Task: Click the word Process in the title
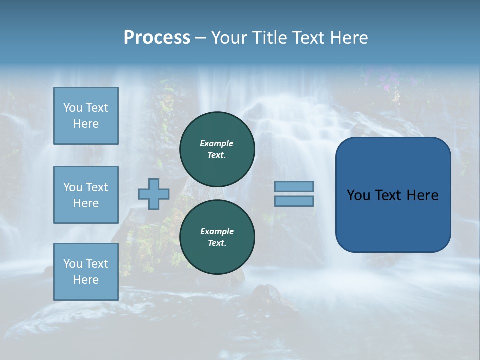click(157, 37)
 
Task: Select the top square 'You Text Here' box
click(86, 116)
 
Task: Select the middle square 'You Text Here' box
click(86, 195)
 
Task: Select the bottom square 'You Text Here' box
click(86, 272)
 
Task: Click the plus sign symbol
click(154, 194)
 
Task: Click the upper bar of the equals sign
click(294, 186)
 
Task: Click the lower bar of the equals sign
click(294, 201)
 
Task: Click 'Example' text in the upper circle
click(217, 143)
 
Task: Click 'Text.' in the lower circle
click(217, 243)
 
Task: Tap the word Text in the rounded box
click(391, 195)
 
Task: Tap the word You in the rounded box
click(358, 195)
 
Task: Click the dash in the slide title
click(200, 38)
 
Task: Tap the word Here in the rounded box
click(423, 195)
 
